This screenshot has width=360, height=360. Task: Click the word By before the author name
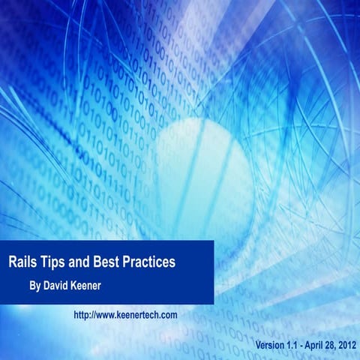pos(34,286)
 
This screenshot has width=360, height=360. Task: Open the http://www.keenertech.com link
pos(125,315)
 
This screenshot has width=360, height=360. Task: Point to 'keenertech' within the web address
pos(139,315)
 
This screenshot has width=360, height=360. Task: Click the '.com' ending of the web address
pos(169,315)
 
